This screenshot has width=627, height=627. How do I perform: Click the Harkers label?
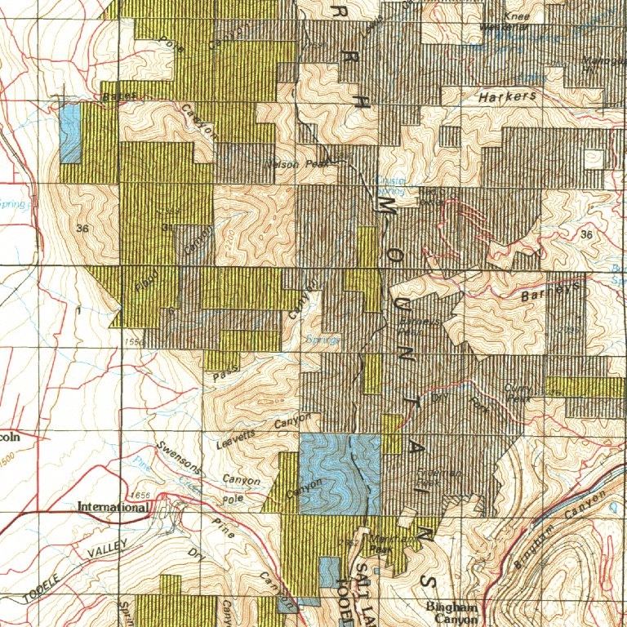click(507, 96)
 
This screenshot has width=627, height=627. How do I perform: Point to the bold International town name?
click(113, 507)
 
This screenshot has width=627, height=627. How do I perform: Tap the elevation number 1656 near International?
click(140, 496)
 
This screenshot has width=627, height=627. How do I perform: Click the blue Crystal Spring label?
click(389, 185)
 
